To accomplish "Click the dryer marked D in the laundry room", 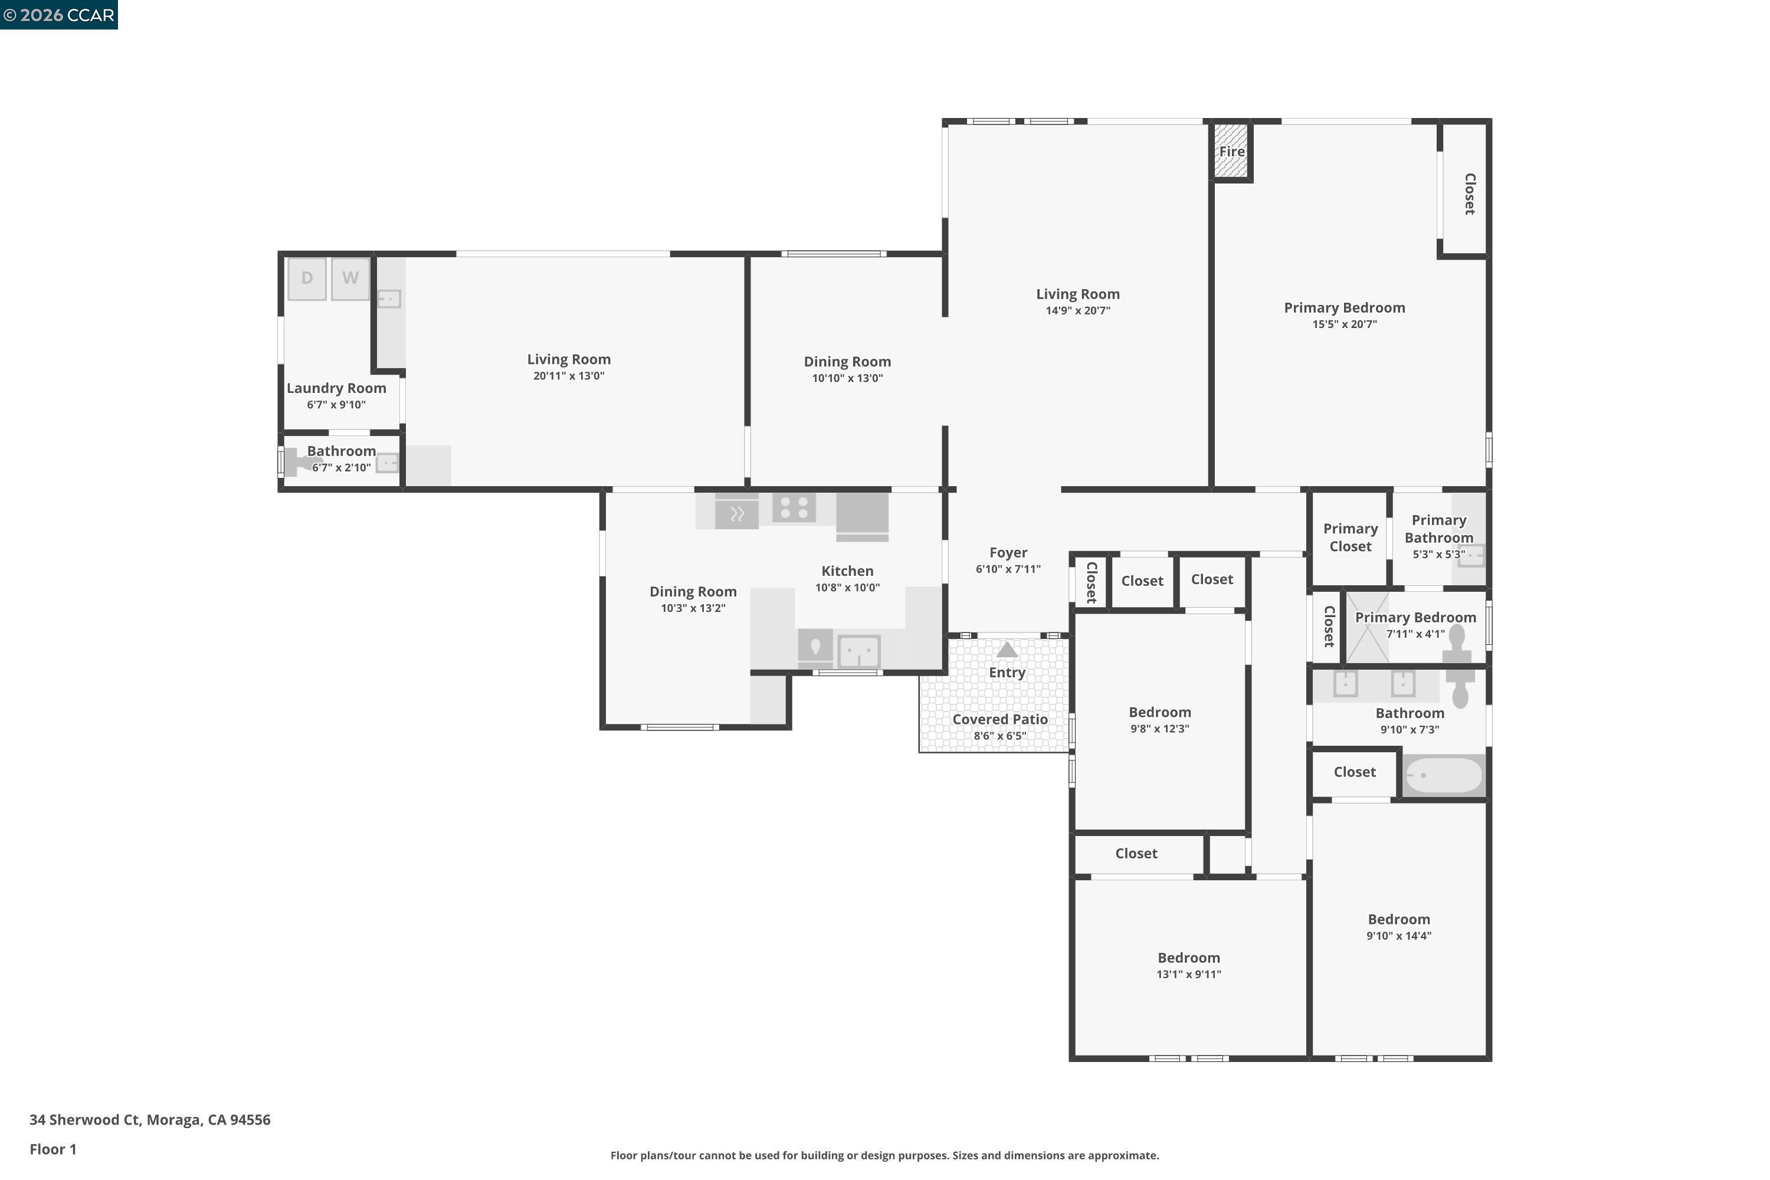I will pos(306,278).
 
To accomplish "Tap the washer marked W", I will pos(350,278).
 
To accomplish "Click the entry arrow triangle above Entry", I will pos(1007,650).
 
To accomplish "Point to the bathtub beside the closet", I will pos(1443,775).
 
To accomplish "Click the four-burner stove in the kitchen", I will pos(794,507).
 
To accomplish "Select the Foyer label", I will pos(1008,552).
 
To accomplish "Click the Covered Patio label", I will pos(999,719).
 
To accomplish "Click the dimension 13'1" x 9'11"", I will pos(1188,975).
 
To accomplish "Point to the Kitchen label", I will pos(847,571).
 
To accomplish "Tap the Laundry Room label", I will pos(336,388).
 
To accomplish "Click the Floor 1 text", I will pos(53,1149).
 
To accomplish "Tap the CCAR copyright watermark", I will pos(58,15).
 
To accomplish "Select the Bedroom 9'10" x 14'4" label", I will pos(1398,920).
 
